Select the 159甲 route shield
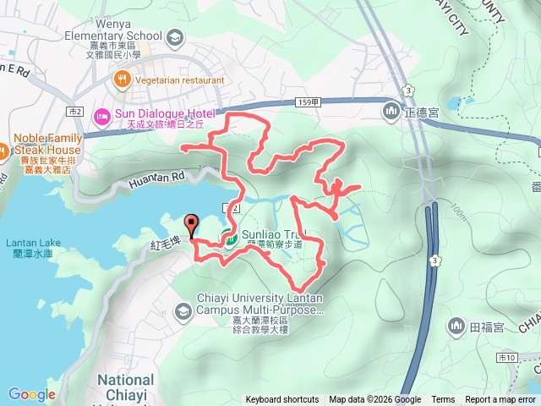click(309, 101)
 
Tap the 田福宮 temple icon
click(456, 326)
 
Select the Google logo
click(31, 394)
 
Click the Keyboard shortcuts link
click(282, 400)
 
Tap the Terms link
click(443, 400)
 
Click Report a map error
click(500, 400)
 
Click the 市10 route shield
click(506, 358)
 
